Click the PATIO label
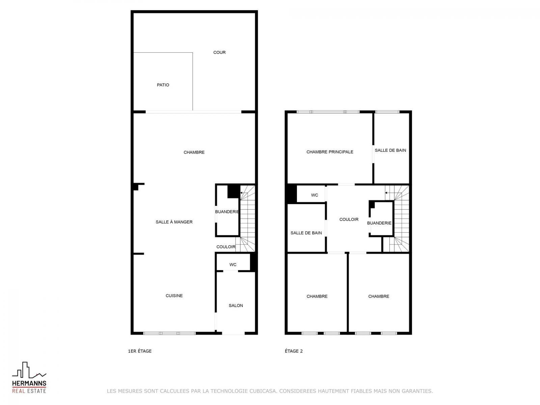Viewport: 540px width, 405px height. pyautogui.click(x=163, y=85)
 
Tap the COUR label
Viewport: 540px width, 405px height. pyautogui.click(x=219, y=52)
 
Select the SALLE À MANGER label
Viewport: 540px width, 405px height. pyautogui.click(x=174, y=222)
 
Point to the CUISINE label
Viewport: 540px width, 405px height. pyautogui.click(x=174, y=296)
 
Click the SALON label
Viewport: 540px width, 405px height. pyautogui.click(x=236, y=305)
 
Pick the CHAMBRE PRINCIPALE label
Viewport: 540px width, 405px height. pyautogui.click(x=330, y=152)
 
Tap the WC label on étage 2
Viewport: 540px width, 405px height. pyautogui.click(x=315, y=195)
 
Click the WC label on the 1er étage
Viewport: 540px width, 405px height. pyautogui.click(x=233, y=265)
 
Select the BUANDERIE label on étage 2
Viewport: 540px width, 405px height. pyautogui.click(x=379, y=223)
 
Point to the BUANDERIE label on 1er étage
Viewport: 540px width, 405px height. pyautogui.click(x=227, y=212)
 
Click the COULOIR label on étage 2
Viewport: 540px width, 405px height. pyautogui.click(x=349, y=219)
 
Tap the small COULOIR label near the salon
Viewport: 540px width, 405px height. pyautogui.click(x=226, y=247)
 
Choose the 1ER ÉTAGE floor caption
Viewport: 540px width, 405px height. pyautogui.click(x=140, y=351)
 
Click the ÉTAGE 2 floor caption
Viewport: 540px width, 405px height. pyautogui.click(x=294, y=351)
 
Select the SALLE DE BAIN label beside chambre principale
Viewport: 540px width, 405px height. pyautogui.click(x=390, y=150)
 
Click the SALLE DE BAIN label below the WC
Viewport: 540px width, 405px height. pyautogui.click(x=306, y=233)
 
